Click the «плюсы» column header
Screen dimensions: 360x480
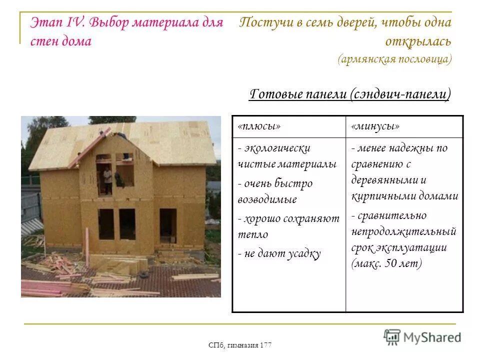259,127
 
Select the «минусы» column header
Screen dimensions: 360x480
375,127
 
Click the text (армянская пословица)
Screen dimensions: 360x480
394,59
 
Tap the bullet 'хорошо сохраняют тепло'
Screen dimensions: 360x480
288,226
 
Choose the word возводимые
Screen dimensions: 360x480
267,199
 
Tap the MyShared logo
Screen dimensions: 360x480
422,336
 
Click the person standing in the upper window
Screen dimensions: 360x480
107,179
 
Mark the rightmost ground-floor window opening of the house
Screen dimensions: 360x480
168,225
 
